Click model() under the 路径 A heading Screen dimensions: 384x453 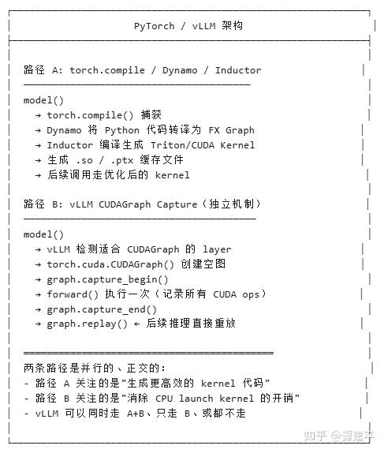point(43,100)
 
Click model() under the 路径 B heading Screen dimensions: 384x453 point(43,234)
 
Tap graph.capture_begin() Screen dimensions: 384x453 point(107,279)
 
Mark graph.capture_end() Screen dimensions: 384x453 point(102,309)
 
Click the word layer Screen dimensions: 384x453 point(216,249)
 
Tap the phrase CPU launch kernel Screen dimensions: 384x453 point(226,399)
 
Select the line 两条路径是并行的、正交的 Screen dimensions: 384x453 point(95,369)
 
